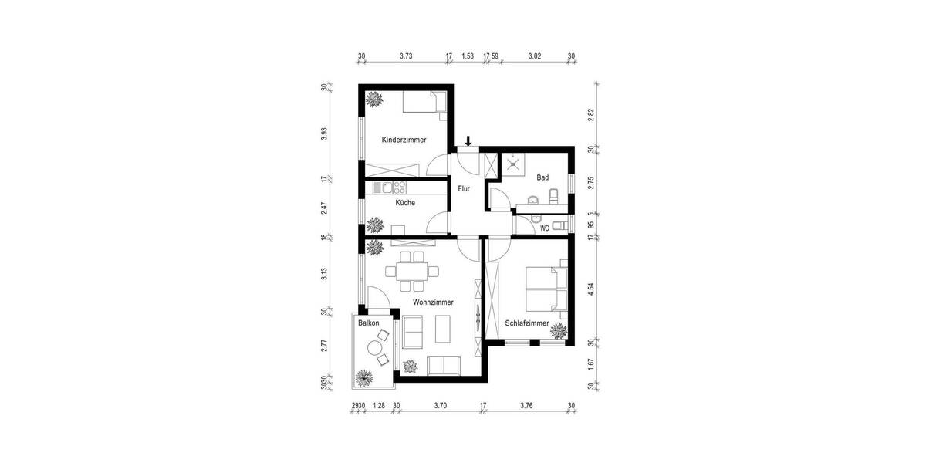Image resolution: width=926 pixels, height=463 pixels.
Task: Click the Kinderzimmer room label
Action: point(404,140)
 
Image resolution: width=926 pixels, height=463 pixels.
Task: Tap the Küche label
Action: point(405,203)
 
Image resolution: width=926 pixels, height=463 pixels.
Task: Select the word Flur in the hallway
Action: point(464,188)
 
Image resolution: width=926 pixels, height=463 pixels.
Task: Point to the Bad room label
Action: point(542,177)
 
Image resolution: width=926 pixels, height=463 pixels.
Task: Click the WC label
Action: point(544,228)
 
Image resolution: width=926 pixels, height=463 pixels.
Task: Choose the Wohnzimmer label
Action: point(433,302)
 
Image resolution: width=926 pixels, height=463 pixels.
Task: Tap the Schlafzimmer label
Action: point(527,323)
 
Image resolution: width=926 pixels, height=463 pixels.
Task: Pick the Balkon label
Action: point(368,323)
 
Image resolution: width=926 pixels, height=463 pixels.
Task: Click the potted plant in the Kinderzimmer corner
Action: point(375,100)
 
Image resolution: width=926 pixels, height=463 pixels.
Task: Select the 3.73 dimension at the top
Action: point(406,56)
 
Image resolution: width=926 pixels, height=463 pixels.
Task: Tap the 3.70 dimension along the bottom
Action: point(440,405)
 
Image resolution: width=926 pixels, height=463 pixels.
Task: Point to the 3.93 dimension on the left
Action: point(325,133)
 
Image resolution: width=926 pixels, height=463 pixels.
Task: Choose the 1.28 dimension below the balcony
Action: point(378,405)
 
